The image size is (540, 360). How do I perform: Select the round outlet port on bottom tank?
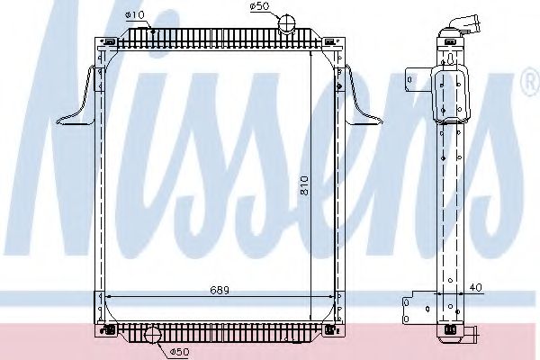pyautogui.click(x=152, y=337)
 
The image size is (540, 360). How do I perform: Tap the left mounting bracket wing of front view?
pyautogui.click(x=79, y=99)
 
